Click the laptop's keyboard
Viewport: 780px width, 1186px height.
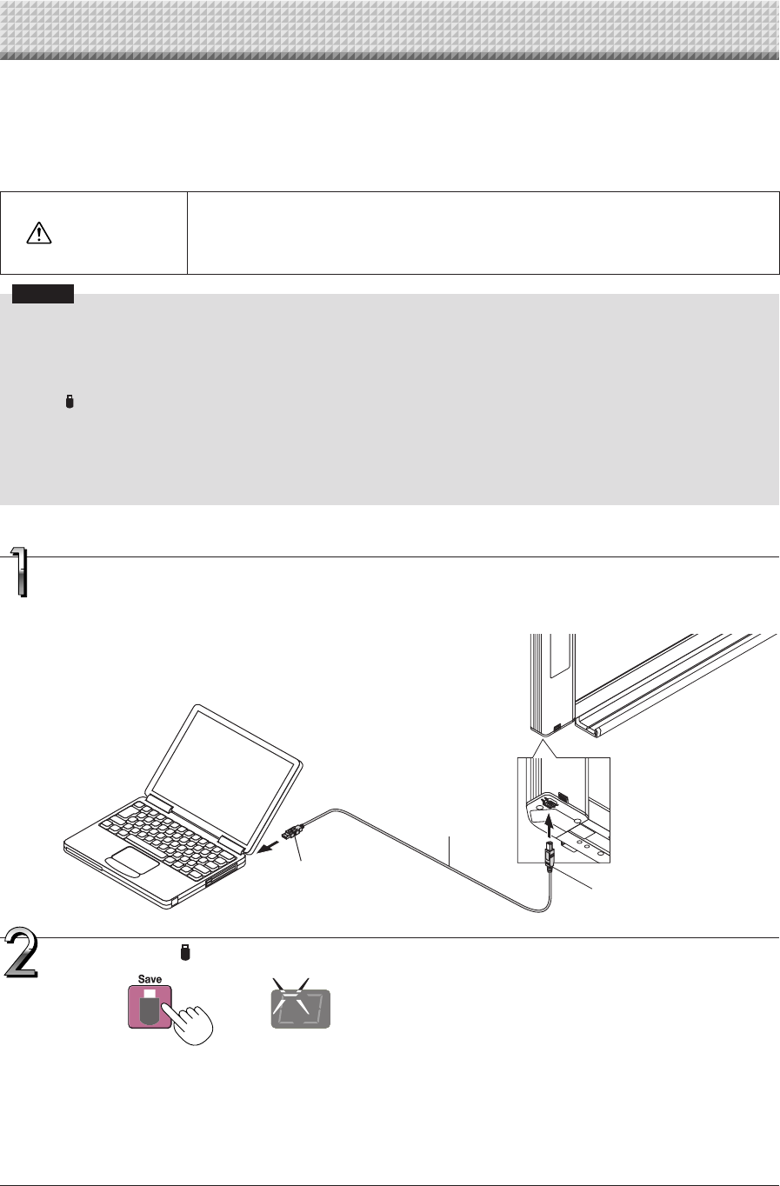pyautogui.click(x=165, y=830)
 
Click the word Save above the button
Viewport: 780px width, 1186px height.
pyautogui.click(x=150, y=979)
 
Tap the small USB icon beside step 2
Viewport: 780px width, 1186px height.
pyautogui.click(x=184, y=954)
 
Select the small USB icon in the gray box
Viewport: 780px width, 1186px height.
pyautogui.click(x=71, y=402)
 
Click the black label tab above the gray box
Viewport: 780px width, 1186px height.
pyautogui.click(x=43, y=293)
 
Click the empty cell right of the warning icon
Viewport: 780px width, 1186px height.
pyautogui.click(x=483, y=233)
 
